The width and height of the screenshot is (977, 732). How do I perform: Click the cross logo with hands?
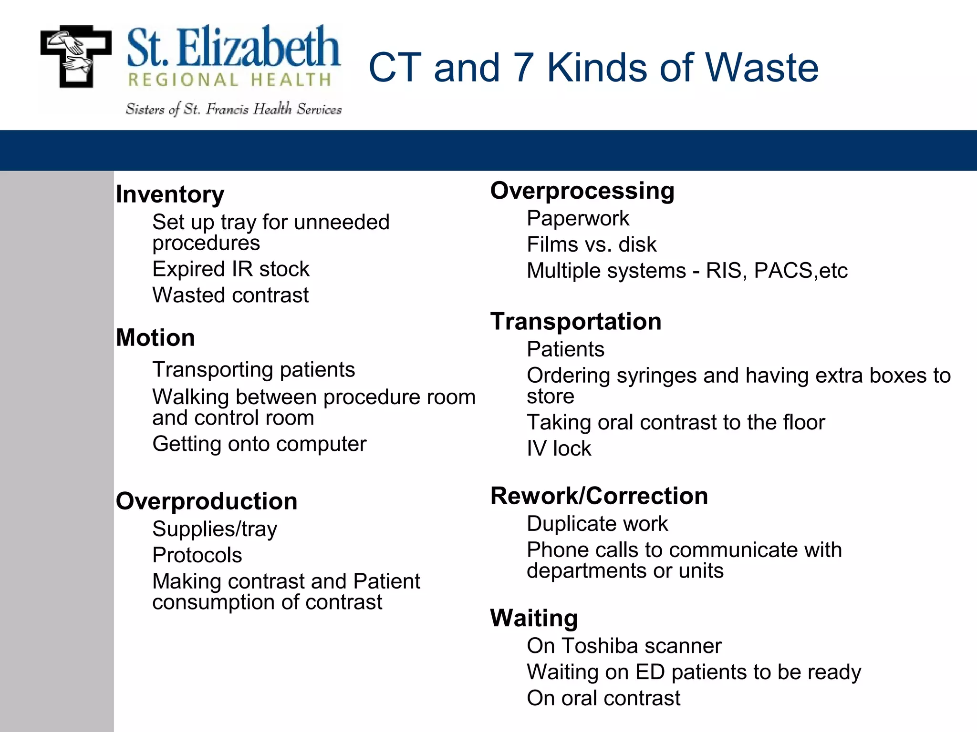(76, 56)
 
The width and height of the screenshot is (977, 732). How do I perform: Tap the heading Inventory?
(170, 194)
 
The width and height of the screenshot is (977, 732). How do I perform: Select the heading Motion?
(156, 338)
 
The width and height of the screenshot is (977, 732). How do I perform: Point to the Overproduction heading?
(207, 501)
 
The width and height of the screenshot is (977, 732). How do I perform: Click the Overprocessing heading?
(582, 191)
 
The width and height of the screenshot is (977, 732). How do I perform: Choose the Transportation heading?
(576, 321)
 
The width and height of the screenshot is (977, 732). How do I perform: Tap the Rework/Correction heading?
(599, 496)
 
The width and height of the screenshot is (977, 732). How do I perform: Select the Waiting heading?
(534, 618)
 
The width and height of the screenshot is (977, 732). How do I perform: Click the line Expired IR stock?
(231, 269)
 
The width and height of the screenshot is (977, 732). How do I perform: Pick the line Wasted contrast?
(230, 295)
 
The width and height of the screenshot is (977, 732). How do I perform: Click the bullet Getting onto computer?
(259, 444)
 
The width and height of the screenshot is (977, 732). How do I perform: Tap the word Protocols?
(197, 555)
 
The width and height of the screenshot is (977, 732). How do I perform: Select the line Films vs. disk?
(592, 245)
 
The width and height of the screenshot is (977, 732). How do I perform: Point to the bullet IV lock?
(559, 448)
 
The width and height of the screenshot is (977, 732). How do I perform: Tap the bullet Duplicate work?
(597, 524)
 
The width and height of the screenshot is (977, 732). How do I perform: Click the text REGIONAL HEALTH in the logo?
(230, 80)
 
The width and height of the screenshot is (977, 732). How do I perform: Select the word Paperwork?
(578, 219)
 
